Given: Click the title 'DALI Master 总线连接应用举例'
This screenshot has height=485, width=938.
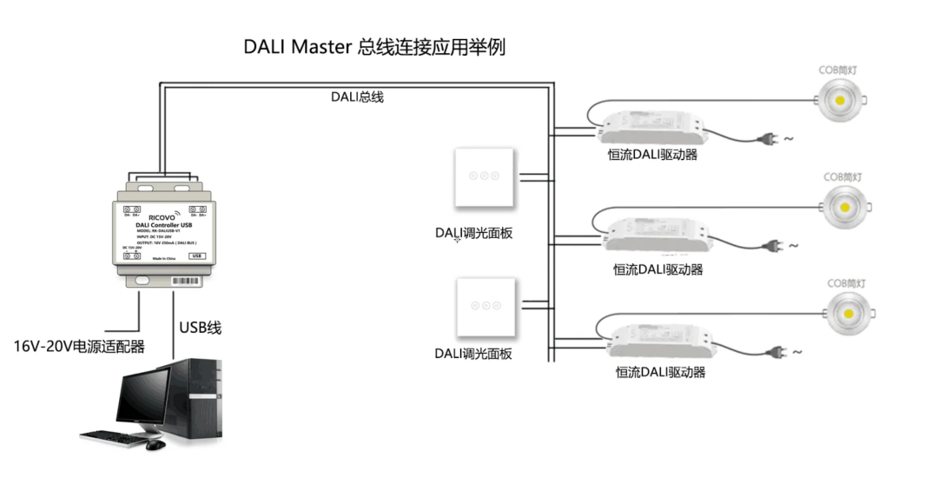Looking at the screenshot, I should tap(374, 47).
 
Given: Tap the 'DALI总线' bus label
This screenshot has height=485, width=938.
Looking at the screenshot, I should tap(356, 96).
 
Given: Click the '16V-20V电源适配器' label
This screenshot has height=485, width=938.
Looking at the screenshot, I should tap(79, 346).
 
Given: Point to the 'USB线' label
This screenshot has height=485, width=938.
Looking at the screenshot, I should tap(201, 328).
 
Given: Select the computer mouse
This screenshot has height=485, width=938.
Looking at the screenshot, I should tap(155, 444).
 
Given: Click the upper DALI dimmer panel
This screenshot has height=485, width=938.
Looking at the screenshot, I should tap(485, 176).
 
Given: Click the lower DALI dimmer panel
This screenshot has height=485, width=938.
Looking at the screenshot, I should tap(485, 306).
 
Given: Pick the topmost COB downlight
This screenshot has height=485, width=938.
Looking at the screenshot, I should tap(841, 99).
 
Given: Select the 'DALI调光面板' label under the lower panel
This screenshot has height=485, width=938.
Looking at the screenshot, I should tap(473, 353).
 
